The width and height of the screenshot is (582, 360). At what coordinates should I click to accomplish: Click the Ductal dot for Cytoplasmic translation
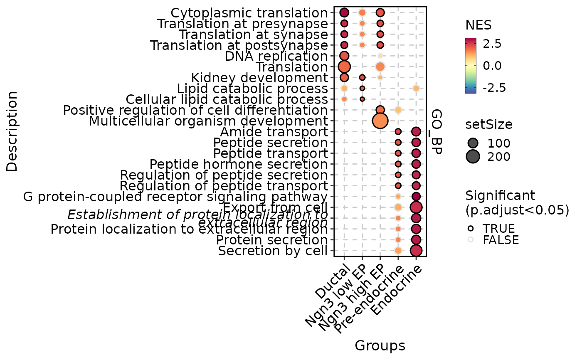click(344, 12)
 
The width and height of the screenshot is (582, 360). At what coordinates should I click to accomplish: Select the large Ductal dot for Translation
click(344, 67)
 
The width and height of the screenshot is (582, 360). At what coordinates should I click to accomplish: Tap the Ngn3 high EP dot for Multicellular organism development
click(380, 121)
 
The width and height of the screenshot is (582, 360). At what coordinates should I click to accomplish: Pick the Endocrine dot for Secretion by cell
click(416, 250)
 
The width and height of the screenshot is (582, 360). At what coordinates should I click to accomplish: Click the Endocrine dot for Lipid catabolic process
click(416, 88)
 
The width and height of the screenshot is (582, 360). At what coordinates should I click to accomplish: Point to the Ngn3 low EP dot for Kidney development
click(362, 77)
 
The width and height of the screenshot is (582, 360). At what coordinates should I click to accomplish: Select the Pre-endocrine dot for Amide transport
click(398, 132)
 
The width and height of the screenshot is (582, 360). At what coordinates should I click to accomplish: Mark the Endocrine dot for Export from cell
click(416, 207)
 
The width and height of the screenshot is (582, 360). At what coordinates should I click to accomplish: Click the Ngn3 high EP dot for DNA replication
click(380, 56)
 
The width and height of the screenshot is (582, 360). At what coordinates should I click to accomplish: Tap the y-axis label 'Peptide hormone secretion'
click(239, 164)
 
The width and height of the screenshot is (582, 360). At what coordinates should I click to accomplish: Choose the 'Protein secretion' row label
click(272, 240)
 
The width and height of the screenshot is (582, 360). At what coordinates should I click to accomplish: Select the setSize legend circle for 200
click(473, 156)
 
